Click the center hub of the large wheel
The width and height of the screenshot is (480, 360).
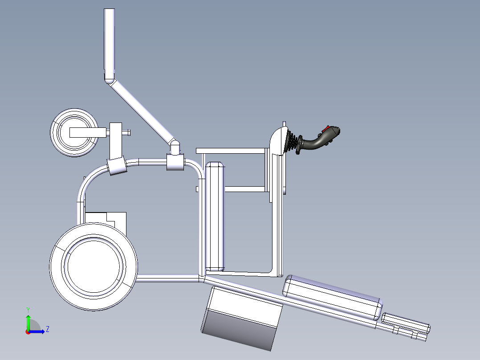tap(94, 266)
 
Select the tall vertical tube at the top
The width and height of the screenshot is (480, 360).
tap(110, 42)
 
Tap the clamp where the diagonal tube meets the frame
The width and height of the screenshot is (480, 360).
tap(175, 161)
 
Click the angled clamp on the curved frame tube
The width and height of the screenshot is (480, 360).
tap(117, 166)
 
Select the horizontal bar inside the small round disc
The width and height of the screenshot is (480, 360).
tap(88, 132)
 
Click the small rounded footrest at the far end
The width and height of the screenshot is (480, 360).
tap(406, 323)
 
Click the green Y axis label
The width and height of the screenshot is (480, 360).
tap(28, 309)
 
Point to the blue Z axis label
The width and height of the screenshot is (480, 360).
tap(47, 329)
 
